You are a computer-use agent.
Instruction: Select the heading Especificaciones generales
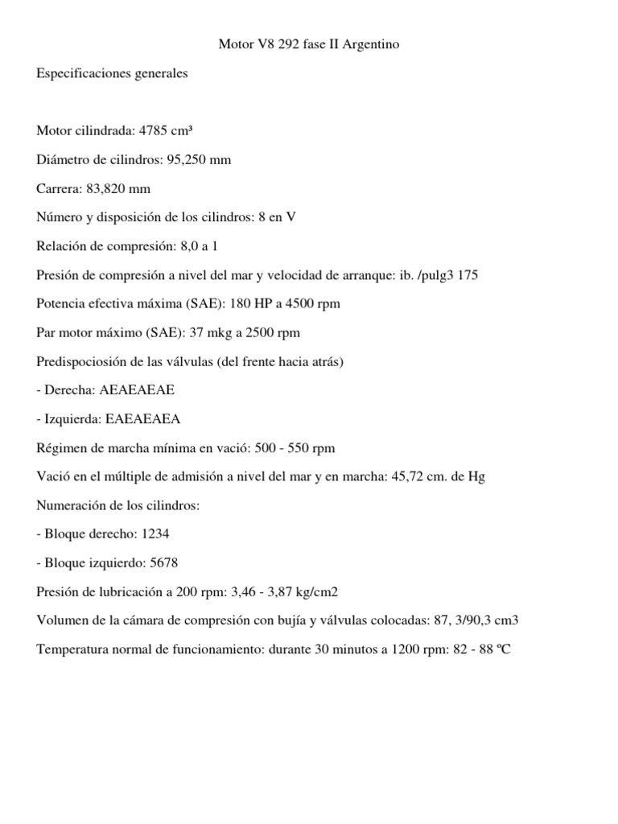(112, 73)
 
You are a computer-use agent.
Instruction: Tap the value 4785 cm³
(171, 131)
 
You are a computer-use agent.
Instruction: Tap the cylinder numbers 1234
(154, 534)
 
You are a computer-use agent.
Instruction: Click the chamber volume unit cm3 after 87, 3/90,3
(492, 620)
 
